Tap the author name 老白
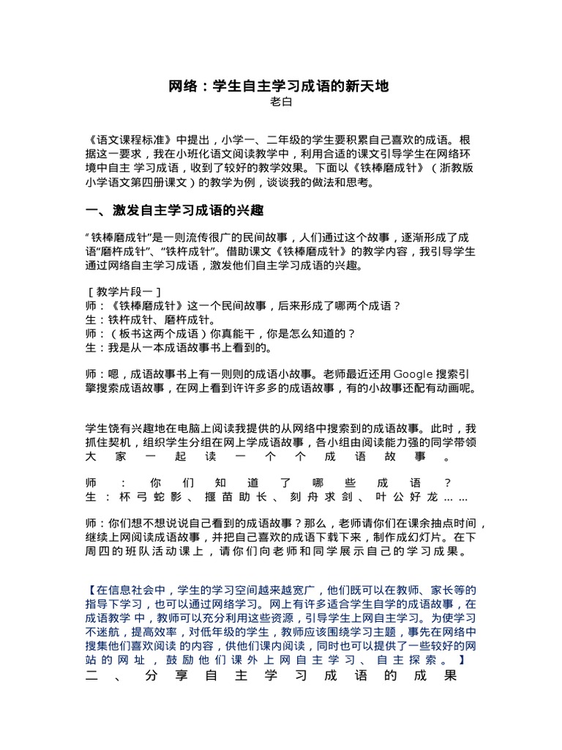(x=281, y=103)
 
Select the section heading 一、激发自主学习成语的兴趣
(x=174, y=211)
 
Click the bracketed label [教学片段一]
(x=124, y=291)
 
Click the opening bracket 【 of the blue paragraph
(x=90, y=590)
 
